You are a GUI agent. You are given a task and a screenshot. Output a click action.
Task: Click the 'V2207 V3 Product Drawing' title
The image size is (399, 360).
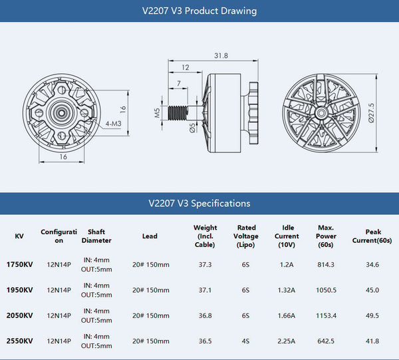pos(199,11)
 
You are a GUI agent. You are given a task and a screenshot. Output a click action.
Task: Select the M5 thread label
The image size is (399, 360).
pos(158,112)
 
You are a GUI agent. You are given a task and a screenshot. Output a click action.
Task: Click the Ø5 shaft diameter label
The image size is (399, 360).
pos(192,128)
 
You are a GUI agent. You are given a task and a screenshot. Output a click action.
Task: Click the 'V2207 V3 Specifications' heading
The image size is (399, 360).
pos(199,203)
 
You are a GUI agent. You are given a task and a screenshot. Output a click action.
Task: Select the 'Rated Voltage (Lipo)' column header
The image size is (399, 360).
pos(246,236)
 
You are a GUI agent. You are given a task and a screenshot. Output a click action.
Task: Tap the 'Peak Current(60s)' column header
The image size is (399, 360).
pos(372,236)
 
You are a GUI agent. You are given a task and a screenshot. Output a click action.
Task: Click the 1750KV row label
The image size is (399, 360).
pos(19,265)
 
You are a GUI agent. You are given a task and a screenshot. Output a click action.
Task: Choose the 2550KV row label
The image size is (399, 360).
pos(19,341)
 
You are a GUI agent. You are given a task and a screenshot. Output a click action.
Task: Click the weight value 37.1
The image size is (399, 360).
pos(205,290)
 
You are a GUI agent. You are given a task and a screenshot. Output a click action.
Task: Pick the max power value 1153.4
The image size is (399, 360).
pos(326,315)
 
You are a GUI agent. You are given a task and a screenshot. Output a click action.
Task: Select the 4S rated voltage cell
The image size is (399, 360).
pos(246,341)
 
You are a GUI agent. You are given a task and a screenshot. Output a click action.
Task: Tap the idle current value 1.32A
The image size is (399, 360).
pos(287,290)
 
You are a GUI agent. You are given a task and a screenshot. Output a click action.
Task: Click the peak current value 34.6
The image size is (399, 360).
pos(372,265)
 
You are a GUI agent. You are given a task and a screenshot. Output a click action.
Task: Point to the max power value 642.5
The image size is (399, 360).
pos(326,341)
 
